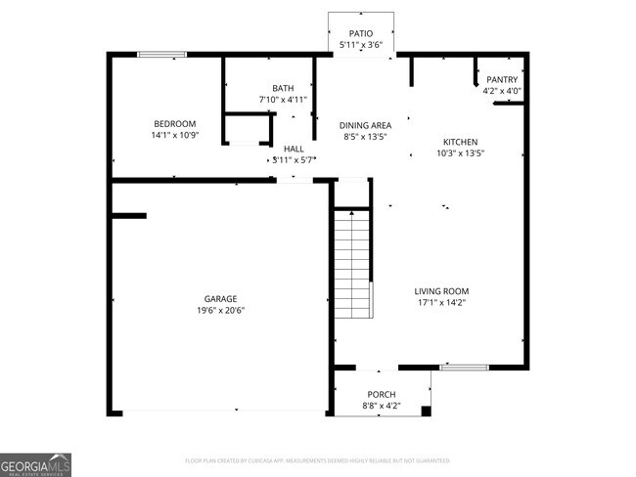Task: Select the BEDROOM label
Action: (x=175, y=123)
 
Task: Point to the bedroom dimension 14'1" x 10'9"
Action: (x=175, y=135)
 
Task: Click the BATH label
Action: (x=283, y=88)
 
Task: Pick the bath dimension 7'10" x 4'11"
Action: (x=283, y=100)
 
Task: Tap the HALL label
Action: (x=293, y=148)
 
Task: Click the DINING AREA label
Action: (x=365, y=125)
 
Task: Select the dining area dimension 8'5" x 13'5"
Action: (x=365, y=137)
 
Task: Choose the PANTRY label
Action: (x=502, y=79)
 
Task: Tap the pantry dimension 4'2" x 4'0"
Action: (x=502, y=91)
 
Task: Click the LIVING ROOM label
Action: (x=441, y=290)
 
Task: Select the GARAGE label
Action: (x=220, y=299)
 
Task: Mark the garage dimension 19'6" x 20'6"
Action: (x=220, y=311)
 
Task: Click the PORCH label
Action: (x=381, y=395)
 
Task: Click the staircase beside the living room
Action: (x=353, y=264)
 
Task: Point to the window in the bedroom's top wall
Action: (x=161, y=54)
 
